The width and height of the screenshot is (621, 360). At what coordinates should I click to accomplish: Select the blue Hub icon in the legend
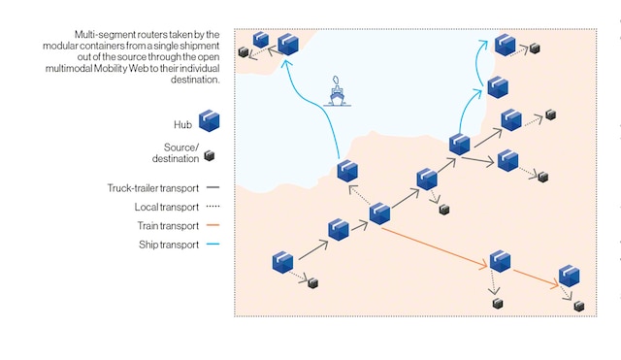209,121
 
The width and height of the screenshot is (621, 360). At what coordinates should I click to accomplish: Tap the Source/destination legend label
175,152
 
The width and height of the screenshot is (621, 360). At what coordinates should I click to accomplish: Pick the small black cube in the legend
209,154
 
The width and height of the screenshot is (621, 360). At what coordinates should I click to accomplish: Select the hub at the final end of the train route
568,276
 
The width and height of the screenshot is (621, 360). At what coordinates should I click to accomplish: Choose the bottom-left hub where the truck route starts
282,261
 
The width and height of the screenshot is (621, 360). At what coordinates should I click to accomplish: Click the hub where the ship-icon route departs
347,172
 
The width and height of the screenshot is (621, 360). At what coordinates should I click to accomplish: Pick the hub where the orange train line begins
379,213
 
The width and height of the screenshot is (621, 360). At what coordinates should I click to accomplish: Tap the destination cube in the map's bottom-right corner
579,306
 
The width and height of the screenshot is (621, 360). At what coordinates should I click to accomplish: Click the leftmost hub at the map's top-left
261,40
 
